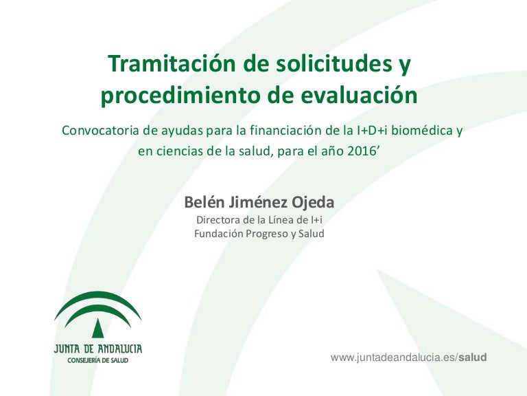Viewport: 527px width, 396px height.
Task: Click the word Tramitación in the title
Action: click(x=172, y=63)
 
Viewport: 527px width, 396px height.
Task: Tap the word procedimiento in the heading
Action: click(x=180, y=96)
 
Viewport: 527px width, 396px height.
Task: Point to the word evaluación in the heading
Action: click(x=359, y=95)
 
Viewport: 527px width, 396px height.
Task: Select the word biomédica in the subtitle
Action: click(x=422, y=131)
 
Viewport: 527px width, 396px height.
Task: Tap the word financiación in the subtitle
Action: click(x=286, y=131)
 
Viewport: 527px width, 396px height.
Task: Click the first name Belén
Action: click(x=204, y=202)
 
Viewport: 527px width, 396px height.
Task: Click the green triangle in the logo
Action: click(x=98, y=328)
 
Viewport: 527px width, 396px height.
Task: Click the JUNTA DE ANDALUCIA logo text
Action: click(x=98, y=349)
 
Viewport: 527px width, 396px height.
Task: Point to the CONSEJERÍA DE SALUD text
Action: click(x=98, y=361)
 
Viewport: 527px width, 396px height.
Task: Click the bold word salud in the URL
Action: click(x=473, y=357)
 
